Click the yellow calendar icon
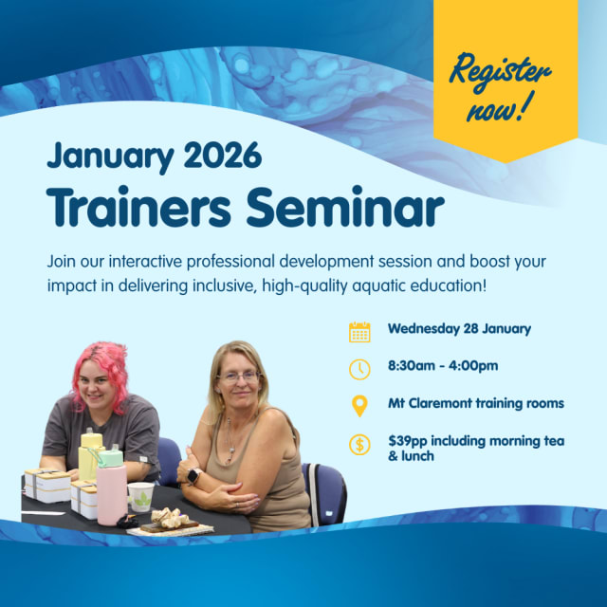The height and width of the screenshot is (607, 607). point(359,332)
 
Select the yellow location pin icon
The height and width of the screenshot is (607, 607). point(359,406)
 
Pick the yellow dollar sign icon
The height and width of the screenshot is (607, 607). point(359,443)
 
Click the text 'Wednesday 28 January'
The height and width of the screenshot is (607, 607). point(459,330)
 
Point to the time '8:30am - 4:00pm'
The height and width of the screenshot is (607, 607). point(443,366)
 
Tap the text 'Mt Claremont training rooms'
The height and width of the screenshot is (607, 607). point(476,403)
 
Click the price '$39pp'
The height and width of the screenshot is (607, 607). point(410,440)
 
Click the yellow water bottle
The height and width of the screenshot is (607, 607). point(91,455)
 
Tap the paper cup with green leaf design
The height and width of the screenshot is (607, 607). point(141,496)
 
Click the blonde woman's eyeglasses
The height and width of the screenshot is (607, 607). point(238,377)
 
